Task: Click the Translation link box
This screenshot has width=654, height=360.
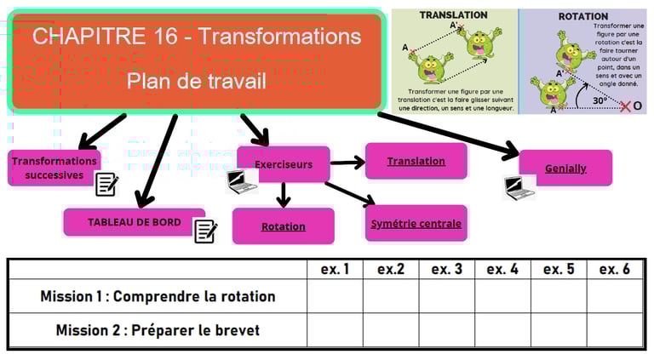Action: [416, 161]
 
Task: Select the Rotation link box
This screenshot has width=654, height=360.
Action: [284, 226]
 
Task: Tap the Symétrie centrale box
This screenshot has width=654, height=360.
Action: [416, 224]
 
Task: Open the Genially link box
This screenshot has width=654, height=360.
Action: [565, 168]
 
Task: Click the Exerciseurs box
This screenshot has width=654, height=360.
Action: [283, 164]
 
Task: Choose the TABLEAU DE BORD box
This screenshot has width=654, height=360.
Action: [134, 222]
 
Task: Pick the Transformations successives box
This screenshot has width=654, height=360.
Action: [54, 168]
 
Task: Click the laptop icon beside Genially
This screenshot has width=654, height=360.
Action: [514, 187]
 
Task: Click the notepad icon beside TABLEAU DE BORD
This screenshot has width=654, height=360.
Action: [205, 231]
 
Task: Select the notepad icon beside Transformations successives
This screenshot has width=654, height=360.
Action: [106, 184]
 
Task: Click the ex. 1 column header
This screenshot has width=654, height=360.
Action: [336, 269]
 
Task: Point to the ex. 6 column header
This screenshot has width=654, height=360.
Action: [614, 269]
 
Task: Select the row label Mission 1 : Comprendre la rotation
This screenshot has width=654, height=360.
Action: [158, 296]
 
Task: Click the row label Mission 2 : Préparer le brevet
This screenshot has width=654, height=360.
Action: [158, 330]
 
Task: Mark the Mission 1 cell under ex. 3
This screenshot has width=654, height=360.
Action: [446, 296]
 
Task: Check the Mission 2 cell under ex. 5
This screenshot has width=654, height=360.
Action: [559, 330]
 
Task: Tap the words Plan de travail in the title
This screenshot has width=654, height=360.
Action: [196, 81]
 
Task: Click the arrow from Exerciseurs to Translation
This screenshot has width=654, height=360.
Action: [347, 162]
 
